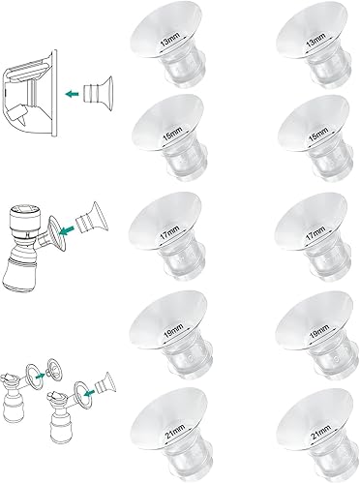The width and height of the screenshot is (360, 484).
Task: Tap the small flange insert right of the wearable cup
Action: coord(97,92)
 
